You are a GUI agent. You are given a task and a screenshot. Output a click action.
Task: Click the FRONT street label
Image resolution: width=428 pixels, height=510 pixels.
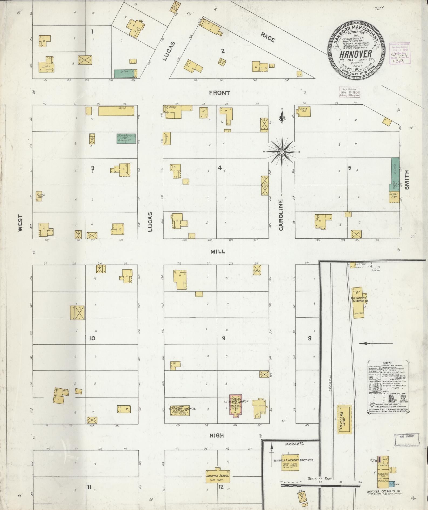[220, 93]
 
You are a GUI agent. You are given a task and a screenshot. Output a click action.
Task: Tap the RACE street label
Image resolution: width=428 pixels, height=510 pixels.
[268, 37]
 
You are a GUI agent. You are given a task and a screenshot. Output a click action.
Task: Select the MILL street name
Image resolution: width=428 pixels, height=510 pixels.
[218, 252]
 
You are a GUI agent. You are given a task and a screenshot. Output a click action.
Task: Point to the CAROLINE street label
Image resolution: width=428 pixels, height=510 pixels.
[281, 215]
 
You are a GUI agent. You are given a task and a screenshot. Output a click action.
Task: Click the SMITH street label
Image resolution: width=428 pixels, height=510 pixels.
[407, 179]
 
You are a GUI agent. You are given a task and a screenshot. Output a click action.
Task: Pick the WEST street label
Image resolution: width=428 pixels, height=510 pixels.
[21, 223]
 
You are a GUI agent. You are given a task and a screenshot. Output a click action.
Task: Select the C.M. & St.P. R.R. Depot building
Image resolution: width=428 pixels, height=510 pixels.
[344, 419]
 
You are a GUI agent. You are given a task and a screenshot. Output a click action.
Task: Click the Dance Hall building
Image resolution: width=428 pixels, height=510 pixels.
[304, 112]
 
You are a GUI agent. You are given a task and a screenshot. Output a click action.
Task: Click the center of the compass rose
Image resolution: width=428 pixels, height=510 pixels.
[282, 152]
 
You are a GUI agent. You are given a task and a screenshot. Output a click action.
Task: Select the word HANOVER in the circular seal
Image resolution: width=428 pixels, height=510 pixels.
[355, 54]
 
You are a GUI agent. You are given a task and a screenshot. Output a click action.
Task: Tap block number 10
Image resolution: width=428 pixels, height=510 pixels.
[93, 338]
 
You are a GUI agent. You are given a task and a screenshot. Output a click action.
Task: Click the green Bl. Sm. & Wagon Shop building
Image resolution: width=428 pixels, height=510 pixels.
[126, 138]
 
